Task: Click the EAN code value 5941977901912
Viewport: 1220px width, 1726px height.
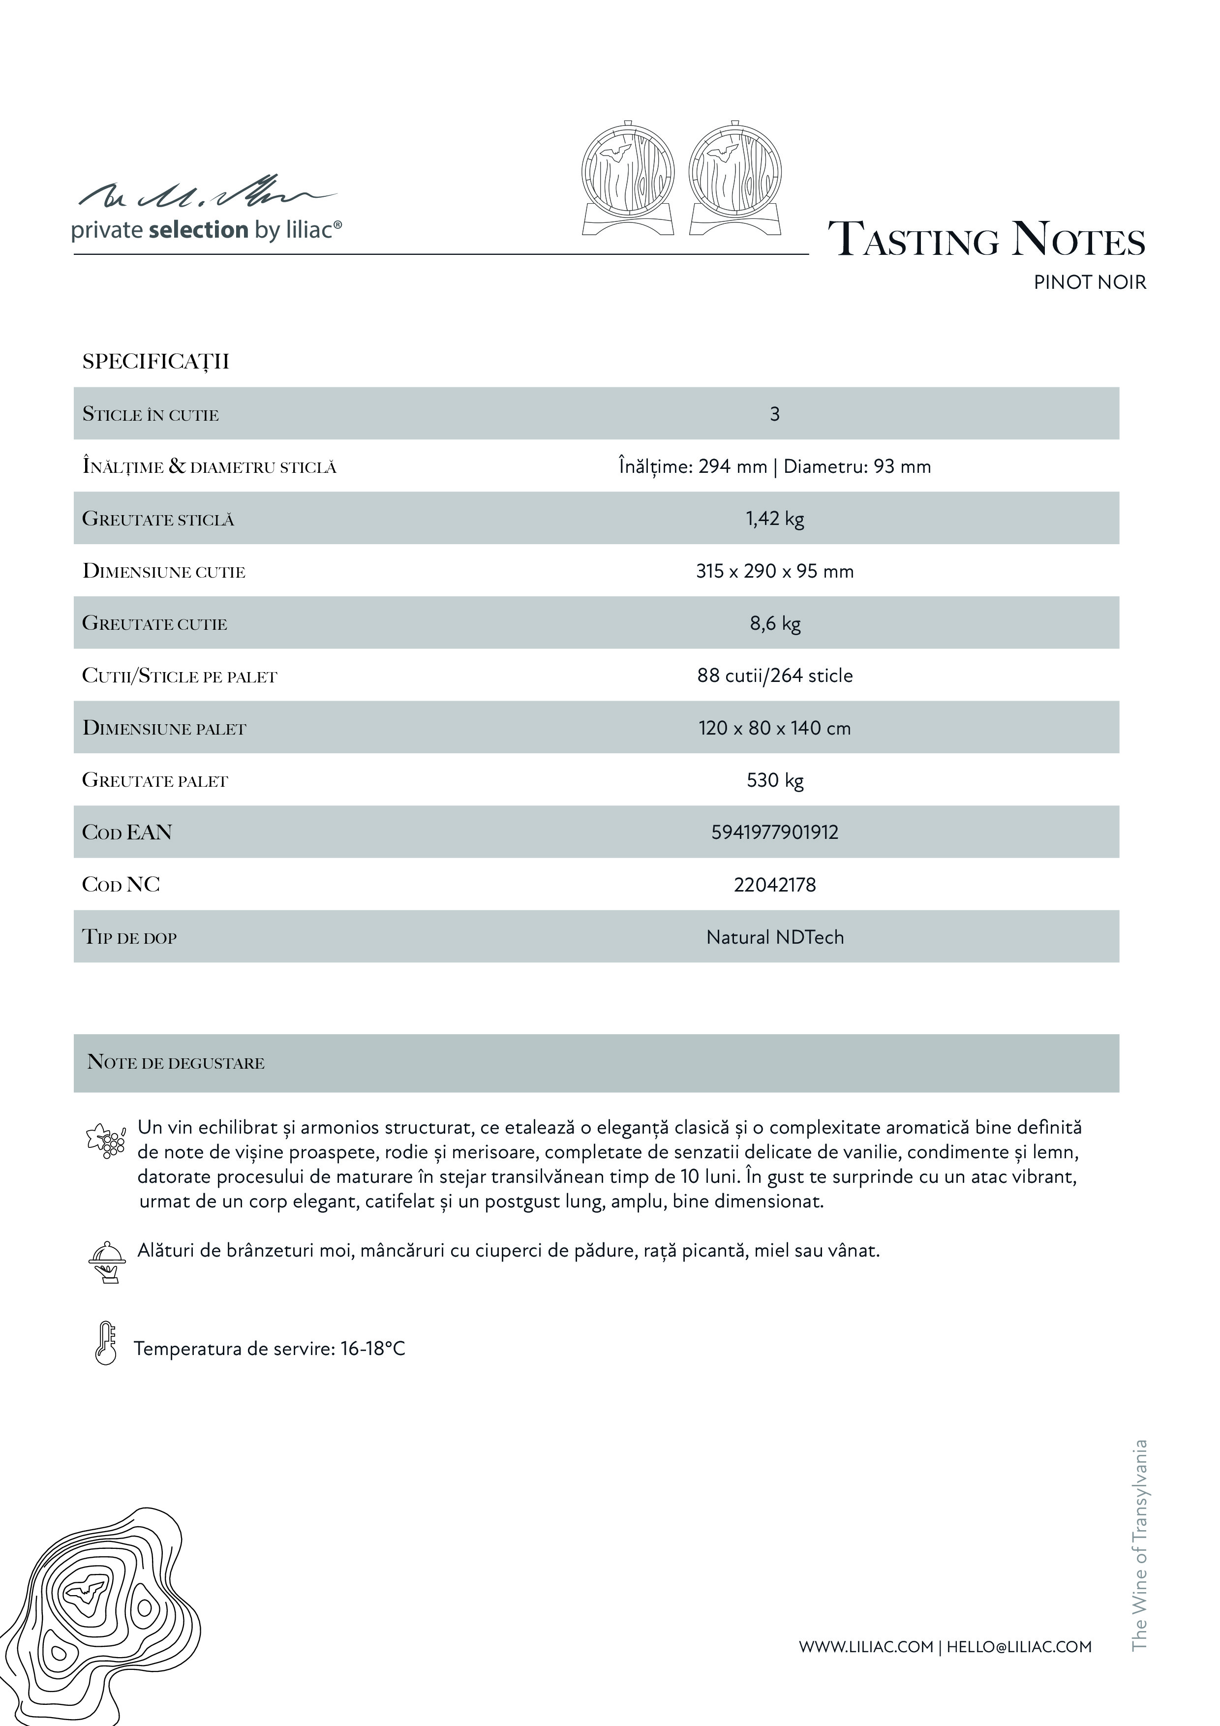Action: click(x=774, y=832)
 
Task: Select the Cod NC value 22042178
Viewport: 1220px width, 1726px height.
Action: click(x=774, y=885)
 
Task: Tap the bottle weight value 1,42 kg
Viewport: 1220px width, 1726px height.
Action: click(x=774, y=519)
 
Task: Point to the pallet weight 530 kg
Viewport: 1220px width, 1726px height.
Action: click(x=774, y=780)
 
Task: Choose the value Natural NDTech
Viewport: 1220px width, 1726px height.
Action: click(x=774, y=937)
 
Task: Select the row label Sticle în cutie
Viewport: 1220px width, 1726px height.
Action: click(x=151, y=414)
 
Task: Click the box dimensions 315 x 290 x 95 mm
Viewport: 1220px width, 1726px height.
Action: click(x=774, y=571)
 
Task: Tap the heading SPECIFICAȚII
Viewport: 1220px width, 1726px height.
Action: click(x=155, y=362)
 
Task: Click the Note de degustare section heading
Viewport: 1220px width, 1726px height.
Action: click(x=176, y=1062)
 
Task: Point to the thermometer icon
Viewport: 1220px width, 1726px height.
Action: click(x=106, y=1343)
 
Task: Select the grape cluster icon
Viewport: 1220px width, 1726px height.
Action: click(x=106, y=1140)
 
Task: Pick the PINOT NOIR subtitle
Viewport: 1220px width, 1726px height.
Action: click(x=1089, y=282)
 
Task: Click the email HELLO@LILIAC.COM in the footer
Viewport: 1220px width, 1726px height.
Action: click(x=1018, y=1647)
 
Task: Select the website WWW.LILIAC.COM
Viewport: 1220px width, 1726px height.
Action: click(x=865, y=1647)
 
